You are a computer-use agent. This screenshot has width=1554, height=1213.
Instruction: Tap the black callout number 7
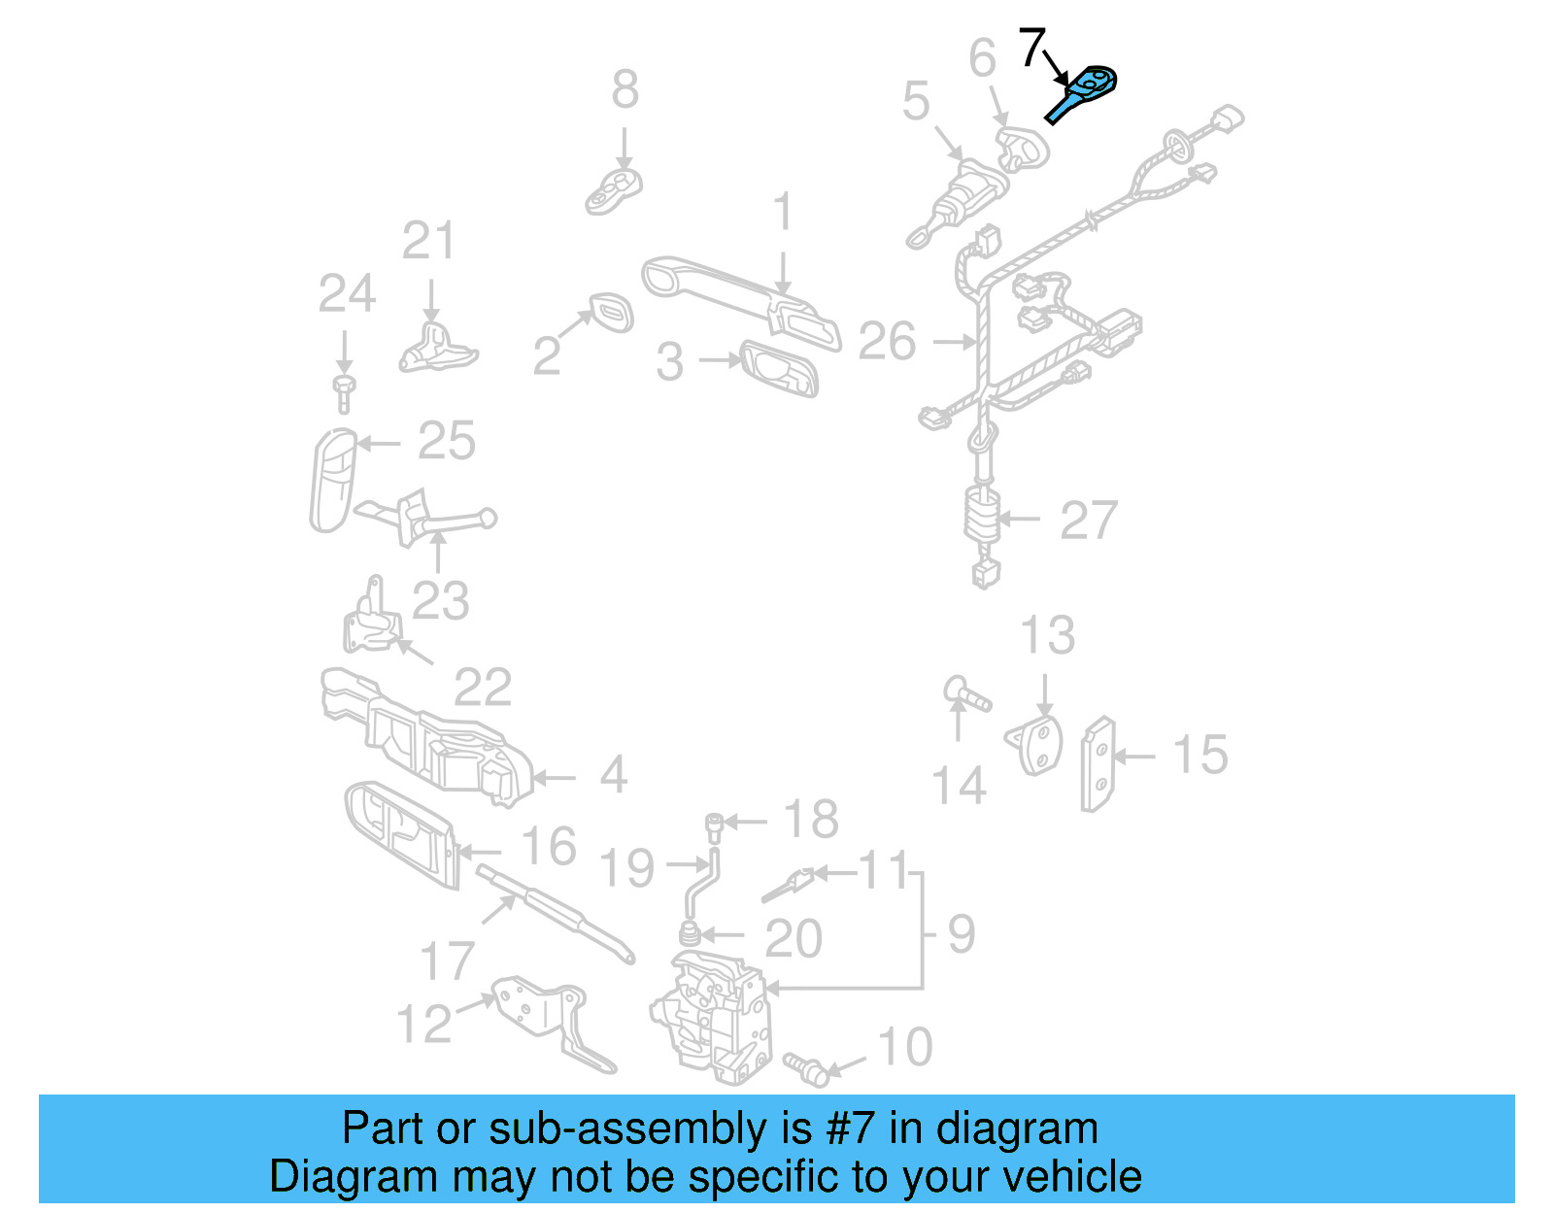(x=1031, y=47)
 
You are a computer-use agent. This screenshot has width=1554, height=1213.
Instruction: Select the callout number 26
(x=888, y=342)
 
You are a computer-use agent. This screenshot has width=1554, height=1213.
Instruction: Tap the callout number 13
(x=1048, y=636)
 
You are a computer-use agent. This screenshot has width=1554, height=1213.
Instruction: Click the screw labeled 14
(x=966, y=695)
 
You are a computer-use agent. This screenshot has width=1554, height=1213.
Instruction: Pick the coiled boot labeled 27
(x=982, y=515)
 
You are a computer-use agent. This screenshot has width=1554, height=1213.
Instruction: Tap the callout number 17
(x=448, y=961)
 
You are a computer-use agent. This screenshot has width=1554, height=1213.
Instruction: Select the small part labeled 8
(x=615, y=189)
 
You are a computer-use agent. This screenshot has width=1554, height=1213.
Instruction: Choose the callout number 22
(x=483, y=689)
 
